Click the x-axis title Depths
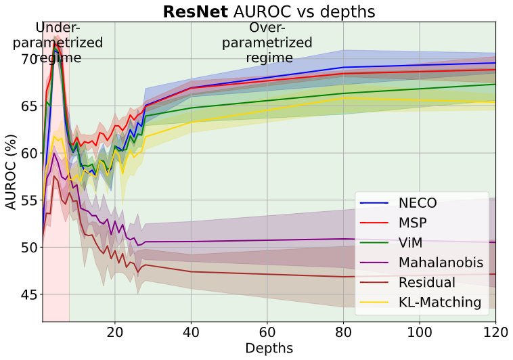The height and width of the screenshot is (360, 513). point(269,348)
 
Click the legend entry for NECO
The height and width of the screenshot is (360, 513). point(417,203)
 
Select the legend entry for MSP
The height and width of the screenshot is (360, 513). point(412,223)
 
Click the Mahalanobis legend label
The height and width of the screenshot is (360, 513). point(440,262)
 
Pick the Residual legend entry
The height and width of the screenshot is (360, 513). point(426,282)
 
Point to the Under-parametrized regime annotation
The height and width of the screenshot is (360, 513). point(58,43)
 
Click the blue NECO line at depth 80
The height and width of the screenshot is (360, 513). point(344,68)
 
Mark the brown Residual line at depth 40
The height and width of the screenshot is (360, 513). point(192,271)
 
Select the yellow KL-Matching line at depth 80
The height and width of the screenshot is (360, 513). point(344,98)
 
